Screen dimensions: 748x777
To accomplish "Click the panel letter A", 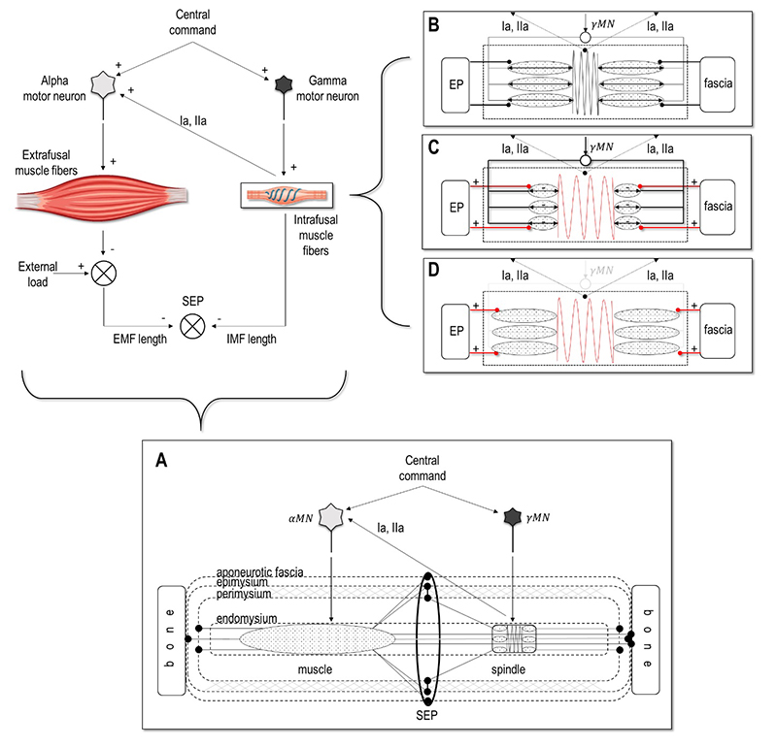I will pyautogui.click(x=161, y=462).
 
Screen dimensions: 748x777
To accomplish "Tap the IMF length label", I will pyautogui.click(x=251, y=340).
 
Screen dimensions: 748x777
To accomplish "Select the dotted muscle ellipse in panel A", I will pyautogui.click(x=317, y=637).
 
